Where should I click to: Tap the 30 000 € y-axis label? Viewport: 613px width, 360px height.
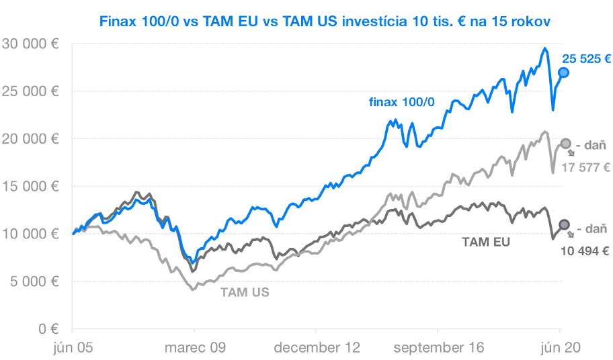click(x=30, y=44)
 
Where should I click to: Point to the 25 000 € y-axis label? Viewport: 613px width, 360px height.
click(x=30, y=91)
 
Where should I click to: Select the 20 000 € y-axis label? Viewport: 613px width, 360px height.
click(x=30, y=139)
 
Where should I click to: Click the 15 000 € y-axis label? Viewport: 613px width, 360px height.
click(x=30, y=187)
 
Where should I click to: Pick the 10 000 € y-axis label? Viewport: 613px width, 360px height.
click(x=30, y=234)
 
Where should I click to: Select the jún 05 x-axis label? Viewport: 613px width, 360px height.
click(x=73, y=348)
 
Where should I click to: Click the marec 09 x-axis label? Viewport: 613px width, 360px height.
click(x=195, y=348)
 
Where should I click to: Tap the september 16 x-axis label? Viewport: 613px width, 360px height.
click(x=437, y=348)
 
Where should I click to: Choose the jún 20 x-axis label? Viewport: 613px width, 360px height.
click(x=561, y=348)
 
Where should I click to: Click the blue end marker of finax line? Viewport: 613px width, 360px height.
click(x=564, y=73)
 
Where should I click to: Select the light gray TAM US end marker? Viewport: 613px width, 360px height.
click(x=565, y=143)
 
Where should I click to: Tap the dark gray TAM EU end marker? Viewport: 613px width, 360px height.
click(x=565, y=224)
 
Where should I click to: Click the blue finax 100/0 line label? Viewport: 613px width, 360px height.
click(x=401, y=102)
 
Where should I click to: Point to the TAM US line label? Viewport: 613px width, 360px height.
click(x=245, y=292)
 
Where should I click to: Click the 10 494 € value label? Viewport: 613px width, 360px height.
click(x=584, y=251)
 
